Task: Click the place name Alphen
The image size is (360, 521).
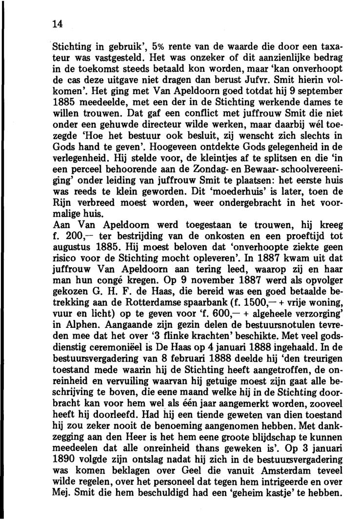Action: [73, 322]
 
